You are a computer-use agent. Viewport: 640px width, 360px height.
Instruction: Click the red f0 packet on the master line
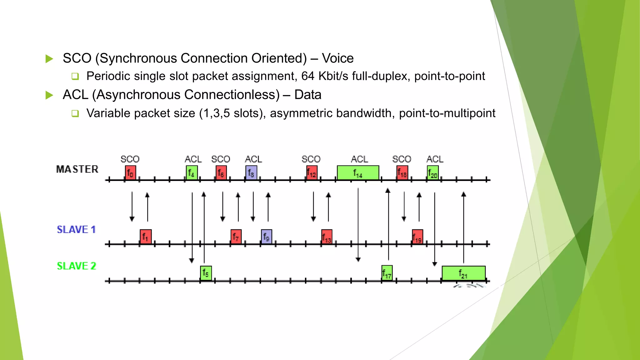point(131,172)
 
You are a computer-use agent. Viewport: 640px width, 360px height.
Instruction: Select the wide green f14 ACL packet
point(358,172)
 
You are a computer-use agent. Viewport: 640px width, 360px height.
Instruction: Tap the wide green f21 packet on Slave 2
point(463,273)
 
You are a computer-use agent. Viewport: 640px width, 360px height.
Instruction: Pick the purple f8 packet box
point(251,172)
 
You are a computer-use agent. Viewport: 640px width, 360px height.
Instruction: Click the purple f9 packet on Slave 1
point(266,237)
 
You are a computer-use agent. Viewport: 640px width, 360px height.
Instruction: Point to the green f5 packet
point(206,273)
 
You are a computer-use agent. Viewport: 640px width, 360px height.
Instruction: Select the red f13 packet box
point(327,237)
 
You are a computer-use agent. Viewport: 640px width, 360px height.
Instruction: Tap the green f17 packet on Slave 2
point(387,273)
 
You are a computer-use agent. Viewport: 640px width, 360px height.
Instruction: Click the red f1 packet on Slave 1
point(146,237)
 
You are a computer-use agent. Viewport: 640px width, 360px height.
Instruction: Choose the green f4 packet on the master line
point(192,172)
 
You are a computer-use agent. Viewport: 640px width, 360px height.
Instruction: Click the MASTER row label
point(77,169)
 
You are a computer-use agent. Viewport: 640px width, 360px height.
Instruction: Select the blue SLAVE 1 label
point(76,230)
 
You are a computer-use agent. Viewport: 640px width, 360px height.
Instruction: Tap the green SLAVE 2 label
point(76,266)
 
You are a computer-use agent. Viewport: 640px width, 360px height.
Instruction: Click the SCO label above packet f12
point(311,159)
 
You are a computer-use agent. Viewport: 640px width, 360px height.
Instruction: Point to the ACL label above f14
point(359,159)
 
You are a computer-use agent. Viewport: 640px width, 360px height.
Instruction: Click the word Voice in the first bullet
point(337,58)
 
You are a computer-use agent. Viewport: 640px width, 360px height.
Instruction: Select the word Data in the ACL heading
point(307,95)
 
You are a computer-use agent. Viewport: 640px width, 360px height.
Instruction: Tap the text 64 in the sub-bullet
point(308,76)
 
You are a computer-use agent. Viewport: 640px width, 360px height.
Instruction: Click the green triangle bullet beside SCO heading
point(49,59)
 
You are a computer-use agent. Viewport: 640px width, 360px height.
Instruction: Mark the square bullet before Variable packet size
point(75,113)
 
